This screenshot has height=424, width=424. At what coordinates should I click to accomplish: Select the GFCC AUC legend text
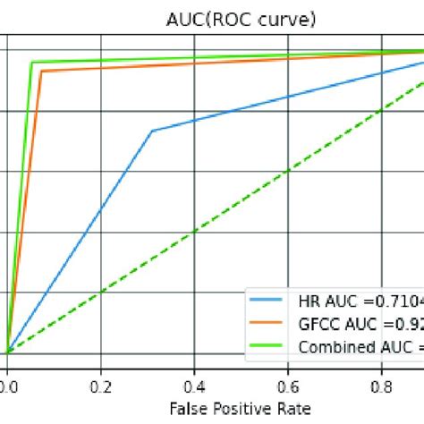click(360, 325)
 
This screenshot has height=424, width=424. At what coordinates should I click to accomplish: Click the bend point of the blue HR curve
click(152, 131)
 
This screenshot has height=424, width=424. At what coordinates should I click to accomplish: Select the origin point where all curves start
click(7, 352)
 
